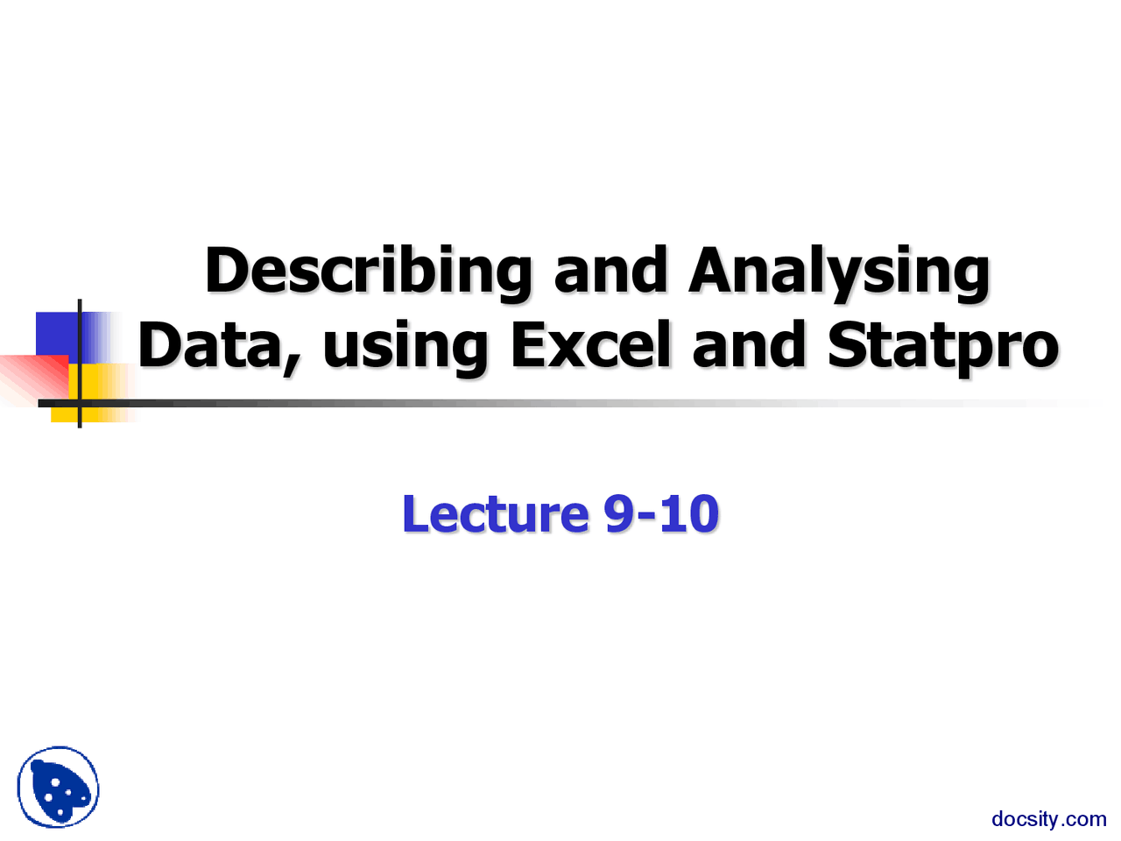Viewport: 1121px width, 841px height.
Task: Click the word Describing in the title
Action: (x=368, y=272)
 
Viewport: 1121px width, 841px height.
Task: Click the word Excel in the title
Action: (x=591, y=345)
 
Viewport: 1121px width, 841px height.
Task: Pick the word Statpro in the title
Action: (x=942, y=347)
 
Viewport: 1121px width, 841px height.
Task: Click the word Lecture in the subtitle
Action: (x=495, y=514)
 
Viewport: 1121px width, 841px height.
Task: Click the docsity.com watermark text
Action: (x=1048, y=819)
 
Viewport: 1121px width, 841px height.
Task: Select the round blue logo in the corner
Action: (x=58, y=788)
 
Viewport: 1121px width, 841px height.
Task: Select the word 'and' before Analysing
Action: (x=610, y=272)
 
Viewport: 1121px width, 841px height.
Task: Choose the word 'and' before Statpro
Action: (x=748, y=345)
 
